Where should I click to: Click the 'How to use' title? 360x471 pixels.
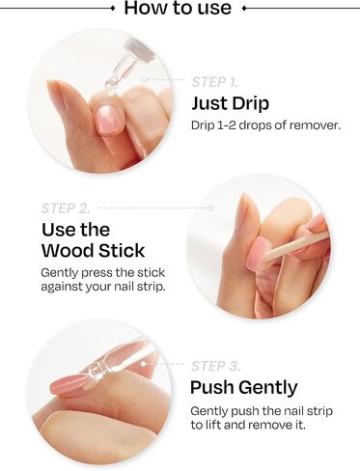pyautogui.click(x=178, y=8)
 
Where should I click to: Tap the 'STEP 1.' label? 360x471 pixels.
pyautogui.click(x=214, y=82)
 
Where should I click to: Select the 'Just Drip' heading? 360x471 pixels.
pyautogui.click(x=230, y=104)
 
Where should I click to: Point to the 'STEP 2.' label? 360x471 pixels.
pyautogui.click(x=66, y=208)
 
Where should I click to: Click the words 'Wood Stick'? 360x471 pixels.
pyautogui.click(x=94, y=251)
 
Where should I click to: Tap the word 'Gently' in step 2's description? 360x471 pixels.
pyautogui.click(x=60, y=273)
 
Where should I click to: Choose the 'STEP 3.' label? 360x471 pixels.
pyautogui.click(x=215, y=366)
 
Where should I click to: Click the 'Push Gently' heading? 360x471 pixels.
pyautogui.click(x=244, y=388)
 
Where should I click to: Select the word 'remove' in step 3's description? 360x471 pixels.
pyautogui.click(x=270, y=425)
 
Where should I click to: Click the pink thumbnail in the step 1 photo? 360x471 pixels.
pyautogui.click(x=110, y=120)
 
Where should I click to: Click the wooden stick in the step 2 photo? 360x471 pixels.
pyautogui.click(x=294, y=248)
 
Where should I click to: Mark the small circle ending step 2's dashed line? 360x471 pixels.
pyautogui.click(x=210, y=208)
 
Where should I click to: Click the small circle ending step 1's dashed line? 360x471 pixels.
pyautogui.click(x=145, y=79)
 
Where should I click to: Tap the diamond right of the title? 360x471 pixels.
pyautogui.click(x=244, y=9)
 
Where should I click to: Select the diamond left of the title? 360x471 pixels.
pyautogui.click(x=112, y=9)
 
